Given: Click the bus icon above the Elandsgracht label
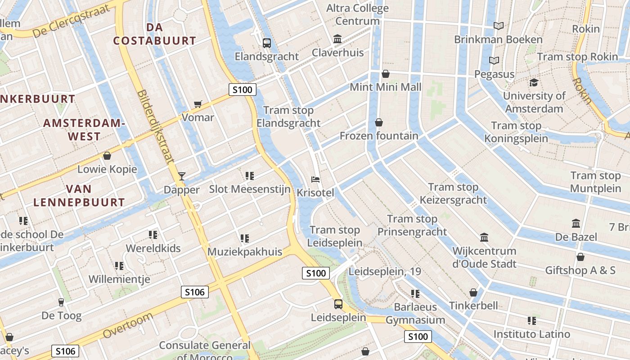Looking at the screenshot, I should click(267, 43).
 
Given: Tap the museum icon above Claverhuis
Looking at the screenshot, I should click(337, 39).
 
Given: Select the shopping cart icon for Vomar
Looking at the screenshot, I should click(198, 104).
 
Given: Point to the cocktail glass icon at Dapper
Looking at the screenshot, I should click(182, 176).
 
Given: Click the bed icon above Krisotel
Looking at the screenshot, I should click(316, 180).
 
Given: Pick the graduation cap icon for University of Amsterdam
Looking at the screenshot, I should click(534, 83).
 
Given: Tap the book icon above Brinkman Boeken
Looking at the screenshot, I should click(498, 26).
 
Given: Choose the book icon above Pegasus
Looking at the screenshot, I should click(494, 60).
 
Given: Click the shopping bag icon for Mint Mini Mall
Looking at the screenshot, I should click(386, 74).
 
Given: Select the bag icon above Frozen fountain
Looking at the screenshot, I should click(379, 122).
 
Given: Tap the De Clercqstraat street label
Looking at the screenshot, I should click(72, 22).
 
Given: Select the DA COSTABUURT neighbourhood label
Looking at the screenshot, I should click(154, 34).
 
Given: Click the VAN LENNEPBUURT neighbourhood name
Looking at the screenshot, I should click(79, 195).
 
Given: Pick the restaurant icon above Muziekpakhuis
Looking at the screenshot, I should click(245, 238).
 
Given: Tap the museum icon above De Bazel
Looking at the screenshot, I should click(576, 224).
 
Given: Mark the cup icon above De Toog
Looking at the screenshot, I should click(61, 302).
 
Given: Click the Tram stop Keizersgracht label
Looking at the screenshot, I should click(453, 193).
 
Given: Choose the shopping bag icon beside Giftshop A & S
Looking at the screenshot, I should click(580, 257).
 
